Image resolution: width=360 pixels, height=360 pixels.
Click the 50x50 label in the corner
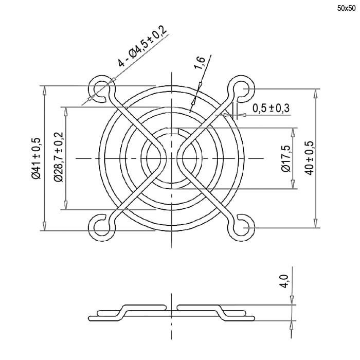click(x=346, y=9)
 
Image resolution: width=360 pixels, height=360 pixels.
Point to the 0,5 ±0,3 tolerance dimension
click(x=271, y=108)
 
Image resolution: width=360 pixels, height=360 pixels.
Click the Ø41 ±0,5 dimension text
click(x=37, y=158)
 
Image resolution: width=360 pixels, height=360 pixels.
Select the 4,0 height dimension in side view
click(x=285, y=281)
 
